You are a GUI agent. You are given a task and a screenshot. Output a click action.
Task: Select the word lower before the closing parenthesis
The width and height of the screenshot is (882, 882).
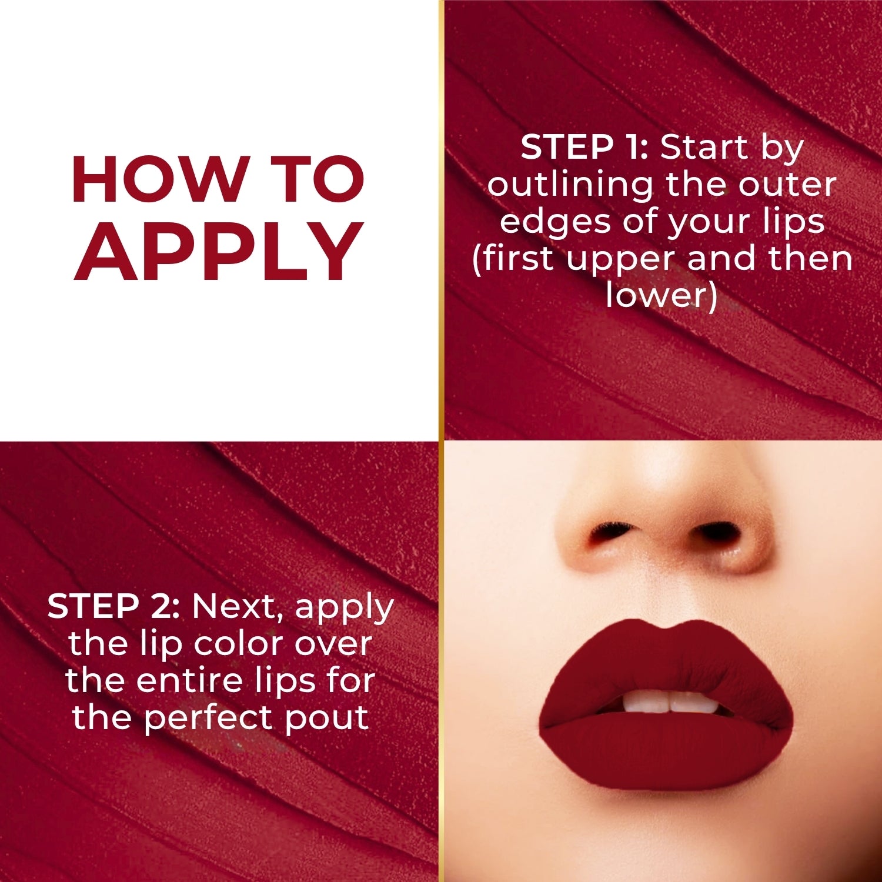point(656,295)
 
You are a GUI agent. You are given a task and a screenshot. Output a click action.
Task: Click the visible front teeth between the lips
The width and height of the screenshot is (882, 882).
point(670,701)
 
